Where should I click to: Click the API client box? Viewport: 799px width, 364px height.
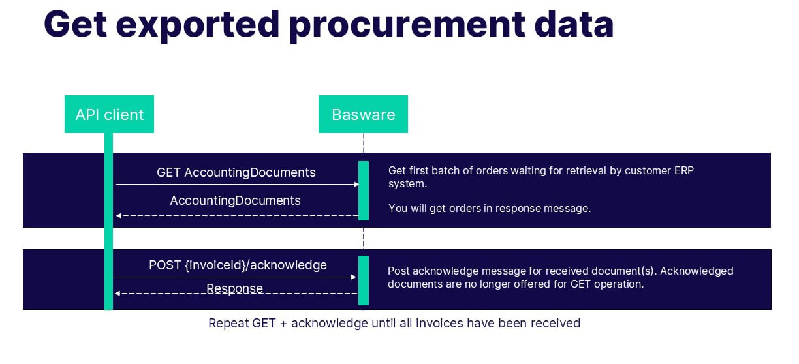pos(109,115)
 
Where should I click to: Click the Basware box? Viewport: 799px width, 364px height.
pos(363,115)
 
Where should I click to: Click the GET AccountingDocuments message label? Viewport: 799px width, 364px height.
pos(236,172)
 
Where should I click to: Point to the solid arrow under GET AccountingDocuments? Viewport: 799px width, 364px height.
pos(237,185)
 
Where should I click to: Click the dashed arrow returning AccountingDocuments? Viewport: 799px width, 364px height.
pos(237,215)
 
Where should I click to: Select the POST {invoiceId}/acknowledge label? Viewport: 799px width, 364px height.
pos(238,265)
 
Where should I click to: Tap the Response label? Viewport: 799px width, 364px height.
pos(235,288)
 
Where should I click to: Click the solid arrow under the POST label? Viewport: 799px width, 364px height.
pos(236,277)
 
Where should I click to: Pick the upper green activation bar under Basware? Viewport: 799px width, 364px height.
pos(364,190)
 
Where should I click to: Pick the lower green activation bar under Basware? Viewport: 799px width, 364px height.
pos(364,280)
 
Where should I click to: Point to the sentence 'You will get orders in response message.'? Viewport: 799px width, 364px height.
pos(489,209)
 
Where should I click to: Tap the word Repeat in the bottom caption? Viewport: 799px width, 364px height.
pos(228,323)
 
